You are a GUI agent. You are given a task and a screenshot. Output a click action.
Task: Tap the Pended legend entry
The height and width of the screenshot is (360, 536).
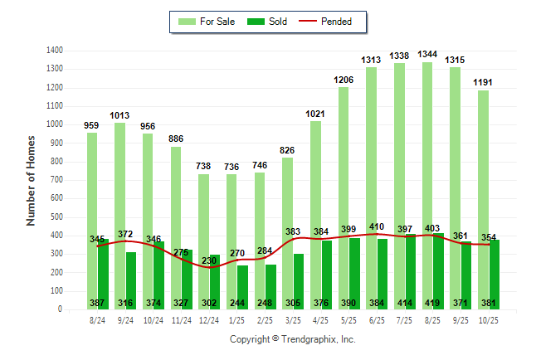coord(336,22)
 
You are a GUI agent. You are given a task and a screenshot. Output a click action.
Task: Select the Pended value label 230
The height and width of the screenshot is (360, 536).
coord(208,260)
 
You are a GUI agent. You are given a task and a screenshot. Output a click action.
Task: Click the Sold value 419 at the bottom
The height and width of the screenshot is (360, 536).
coord(432,303)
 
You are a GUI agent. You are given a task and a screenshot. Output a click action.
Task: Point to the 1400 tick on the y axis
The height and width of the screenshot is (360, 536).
coord(55,51)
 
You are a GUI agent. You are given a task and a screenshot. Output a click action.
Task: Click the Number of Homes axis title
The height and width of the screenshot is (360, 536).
coord(32,180)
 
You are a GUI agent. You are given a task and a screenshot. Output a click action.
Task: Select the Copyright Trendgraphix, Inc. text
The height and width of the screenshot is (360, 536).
coord(292,339)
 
